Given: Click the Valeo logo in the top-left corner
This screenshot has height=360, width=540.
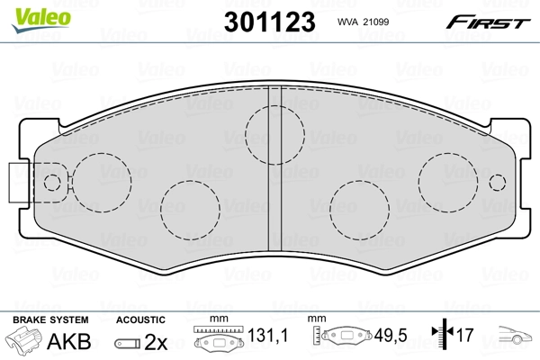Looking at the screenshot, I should point(29,11).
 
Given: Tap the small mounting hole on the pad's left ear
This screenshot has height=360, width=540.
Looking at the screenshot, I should point(51,182).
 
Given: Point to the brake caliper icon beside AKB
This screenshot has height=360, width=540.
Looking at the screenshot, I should point(25,342).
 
